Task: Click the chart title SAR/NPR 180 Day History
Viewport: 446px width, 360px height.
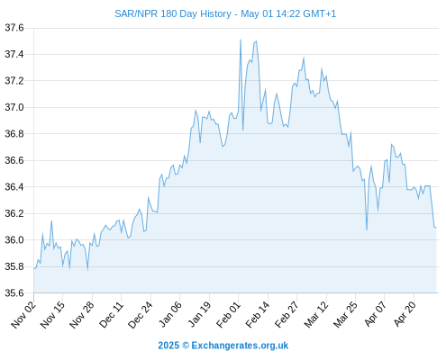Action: [173, 13]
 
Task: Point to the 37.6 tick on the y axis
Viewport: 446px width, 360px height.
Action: [14, 28]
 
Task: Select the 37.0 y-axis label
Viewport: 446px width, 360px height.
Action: [14, 107]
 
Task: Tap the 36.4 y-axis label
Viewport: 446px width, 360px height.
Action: [14, 187]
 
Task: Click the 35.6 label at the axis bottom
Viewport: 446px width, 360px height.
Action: [14, 292]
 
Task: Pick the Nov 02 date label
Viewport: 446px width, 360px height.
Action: [23, 315]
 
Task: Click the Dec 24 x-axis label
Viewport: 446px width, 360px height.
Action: [141, 315]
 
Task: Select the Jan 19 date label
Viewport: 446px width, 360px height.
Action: [199, 315]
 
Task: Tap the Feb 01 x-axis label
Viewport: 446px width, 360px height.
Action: [229, 315]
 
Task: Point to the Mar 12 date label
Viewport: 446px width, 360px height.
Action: [316, 315]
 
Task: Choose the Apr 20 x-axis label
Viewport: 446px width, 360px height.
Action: [405, 315]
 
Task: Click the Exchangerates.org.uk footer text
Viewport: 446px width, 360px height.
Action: [240, 346]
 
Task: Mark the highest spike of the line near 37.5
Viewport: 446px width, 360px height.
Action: [241, 40]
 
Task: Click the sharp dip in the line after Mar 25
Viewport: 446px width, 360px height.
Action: [367, 229]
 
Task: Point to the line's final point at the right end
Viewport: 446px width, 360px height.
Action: [436, 228]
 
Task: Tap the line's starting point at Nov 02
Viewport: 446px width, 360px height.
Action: [34, 268]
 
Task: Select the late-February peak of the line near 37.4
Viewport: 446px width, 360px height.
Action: [304, 58]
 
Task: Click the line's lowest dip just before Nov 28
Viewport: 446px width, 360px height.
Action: [87, 269]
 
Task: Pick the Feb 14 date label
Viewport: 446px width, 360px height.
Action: [258, 315]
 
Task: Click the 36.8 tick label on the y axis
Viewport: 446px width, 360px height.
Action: [14, 134]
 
